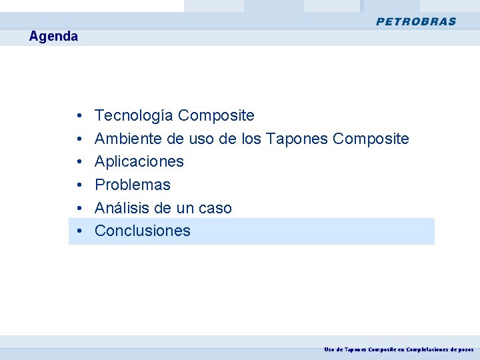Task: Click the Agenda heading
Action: (53, 37)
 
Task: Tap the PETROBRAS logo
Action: (416, 21)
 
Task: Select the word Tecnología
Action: (135, 116)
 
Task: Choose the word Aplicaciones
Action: (139, 161)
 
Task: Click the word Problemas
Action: (133, 185)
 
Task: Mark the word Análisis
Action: (122, 208)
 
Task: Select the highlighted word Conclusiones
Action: (143, 231)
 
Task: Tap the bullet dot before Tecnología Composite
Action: (79, 116)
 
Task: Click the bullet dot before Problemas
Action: (79, 185)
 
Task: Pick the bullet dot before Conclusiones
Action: (79, 231)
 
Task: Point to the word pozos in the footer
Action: (466, 349)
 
